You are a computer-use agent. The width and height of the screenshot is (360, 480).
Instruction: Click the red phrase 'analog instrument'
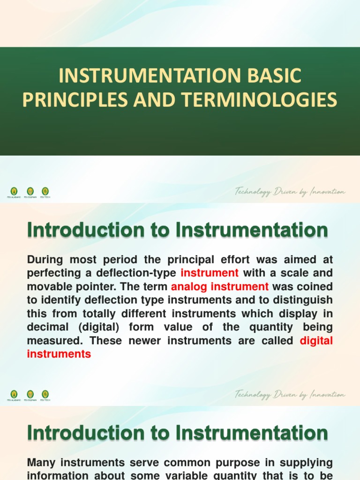220,286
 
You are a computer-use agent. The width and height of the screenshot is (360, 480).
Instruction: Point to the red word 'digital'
316,341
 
